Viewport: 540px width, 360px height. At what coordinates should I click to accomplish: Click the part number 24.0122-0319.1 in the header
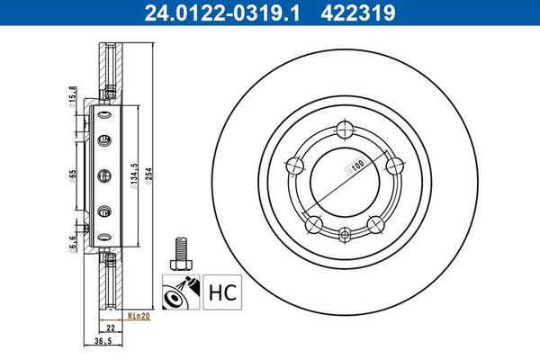(x=222, y=13)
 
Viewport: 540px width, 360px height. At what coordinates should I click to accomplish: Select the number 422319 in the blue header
(x=358, y=13)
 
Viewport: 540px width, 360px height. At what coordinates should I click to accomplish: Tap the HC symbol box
(x=222, y=292)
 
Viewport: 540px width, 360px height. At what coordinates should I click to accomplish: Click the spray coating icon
(x=181, y=292)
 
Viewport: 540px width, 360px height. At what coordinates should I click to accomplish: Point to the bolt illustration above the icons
(x=181, y=254)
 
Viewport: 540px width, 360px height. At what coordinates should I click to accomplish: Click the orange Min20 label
(x=139, y=316)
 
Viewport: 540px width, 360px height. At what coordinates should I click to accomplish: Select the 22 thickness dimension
(x=111, y=328)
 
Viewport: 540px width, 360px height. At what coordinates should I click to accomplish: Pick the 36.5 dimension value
(x=103, y=341)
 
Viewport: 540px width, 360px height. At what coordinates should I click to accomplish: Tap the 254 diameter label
(x=148, y=176)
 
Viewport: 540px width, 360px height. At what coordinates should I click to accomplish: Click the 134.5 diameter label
(x=134, y=175)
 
